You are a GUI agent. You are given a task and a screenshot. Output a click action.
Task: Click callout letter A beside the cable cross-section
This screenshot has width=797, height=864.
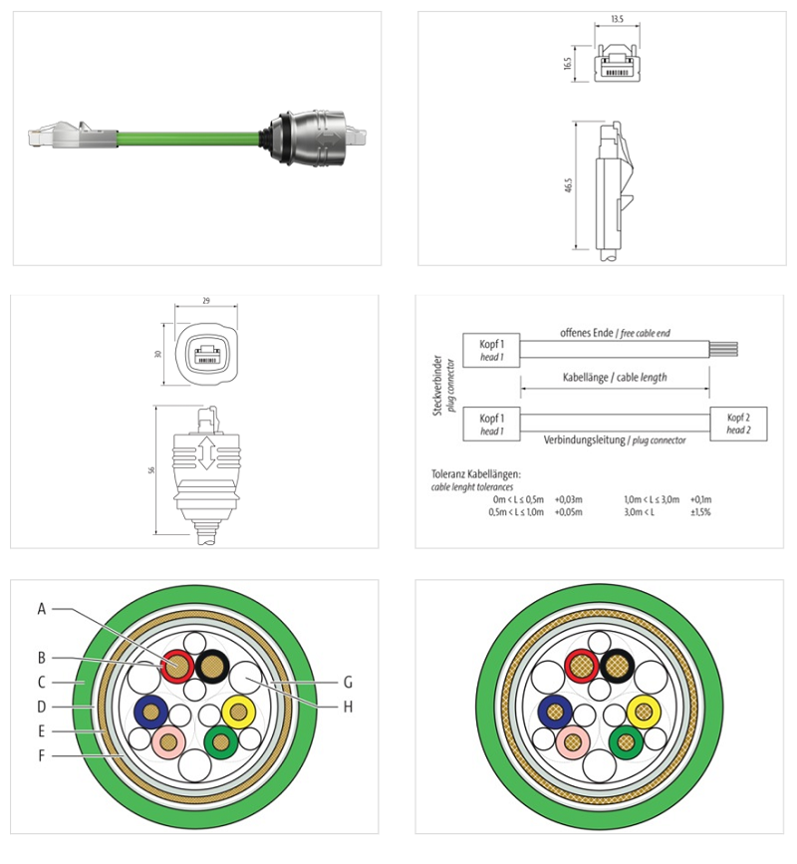pos(42,607)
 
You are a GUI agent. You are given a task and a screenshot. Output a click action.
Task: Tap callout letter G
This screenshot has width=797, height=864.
pos(348,683)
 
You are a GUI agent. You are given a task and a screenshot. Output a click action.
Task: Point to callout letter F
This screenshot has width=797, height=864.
pos(42,755)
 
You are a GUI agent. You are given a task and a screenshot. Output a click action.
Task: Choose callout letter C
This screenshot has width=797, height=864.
pos(42,683)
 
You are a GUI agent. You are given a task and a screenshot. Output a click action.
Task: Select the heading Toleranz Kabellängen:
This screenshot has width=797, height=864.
pos(476,474)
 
